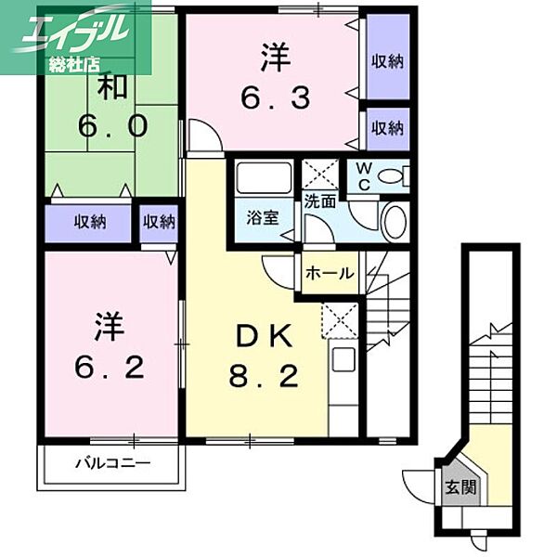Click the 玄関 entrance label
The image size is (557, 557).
(x=460, y=487)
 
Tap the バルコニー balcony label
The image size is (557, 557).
(x=112, y=463)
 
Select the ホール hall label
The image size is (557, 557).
(x=330, y=273)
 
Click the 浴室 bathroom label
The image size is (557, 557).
(x=263, y=217)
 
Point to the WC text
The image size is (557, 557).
(x=364, y=176)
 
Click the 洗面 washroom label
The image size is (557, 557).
(x=319, y=201)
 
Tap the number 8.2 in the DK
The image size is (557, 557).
(x=264, y=376)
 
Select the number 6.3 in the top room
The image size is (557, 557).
(x=276, y=98)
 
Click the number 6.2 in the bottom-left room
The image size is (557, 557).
(x=110, y=368)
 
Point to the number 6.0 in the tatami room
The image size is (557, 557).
(x=112, y=126)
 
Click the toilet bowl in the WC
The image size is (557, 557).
(x=390, y=176)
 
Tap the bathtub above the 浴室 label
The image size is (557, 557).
(x=264, y=178)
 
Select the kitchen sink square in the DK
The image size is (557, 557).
(x=343, y=359)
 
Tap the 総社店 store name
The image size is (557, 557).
(x=74, y=64)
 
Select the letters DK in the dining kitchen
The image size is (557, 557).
(x=265, y=336)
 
